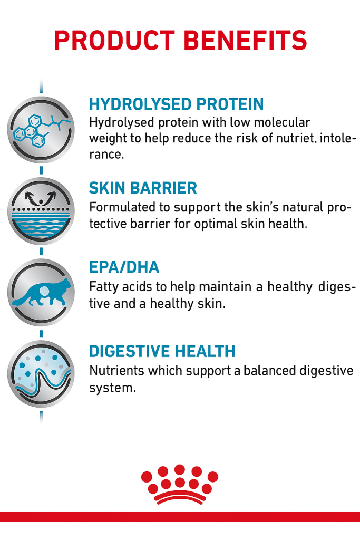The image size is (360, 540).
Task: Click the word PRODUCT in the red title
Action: click(x=114, y=40)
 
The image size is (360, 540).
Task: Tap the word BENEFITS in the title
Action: click(x=246, y=40)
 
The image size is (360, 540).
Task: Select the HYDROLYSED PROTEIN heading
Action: click(x=176, y=104)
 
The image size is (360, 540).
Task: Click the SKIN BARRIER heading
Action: click(x=143, y=188)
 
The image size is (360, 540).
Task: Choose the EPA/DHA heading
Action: click(x=124, y=267)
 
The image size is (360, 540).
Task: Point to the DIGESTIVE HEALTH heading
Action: click(x=162, y=351)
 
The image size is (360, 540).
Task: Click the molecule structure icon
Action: click(x=41, y=130)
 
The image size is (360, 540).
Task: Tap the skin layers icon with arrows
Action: click(x=41, y=211)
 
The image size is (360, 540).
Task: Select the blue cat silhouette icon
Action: click(x=41, y=292)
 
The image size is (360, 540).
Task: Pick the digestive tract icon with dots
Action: click(x=41, y=374)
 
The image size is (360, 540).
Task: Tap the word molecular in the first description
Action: click(x=282, y=122)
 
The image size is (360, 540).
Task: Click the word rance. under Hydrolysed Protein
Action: click(x=106, y=155)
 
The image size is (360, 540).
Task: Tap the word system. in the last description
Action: click(x=113, y=388)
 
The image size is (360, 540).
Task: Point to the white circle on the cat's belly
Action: click(x=44, y=292)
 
